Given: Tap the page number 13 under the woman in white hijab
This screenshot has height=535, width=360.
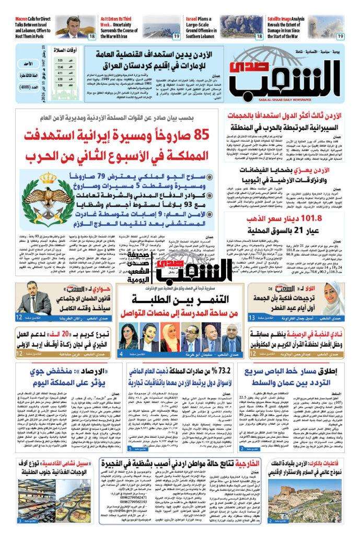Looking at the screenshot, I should coord(251,318).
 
